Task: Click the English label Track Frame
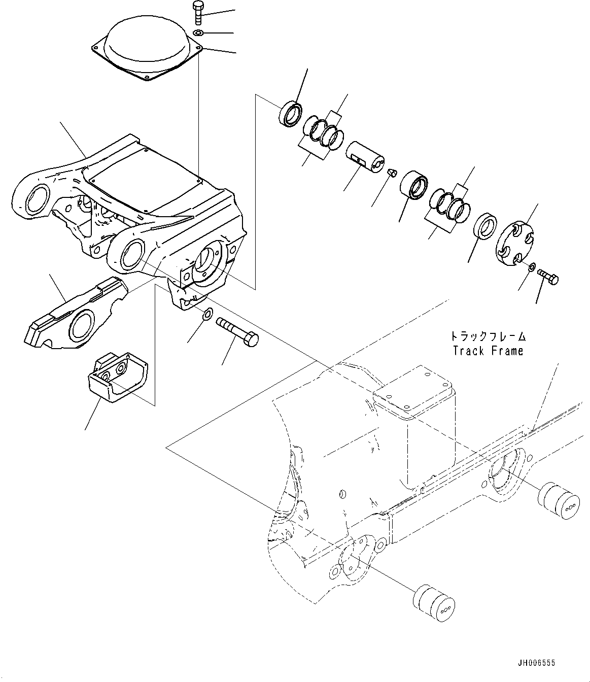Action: click(488, 351)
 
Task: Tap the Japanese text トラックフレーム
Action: click(488, 336)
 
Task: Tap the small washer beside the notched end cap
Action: click(531, 267)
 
